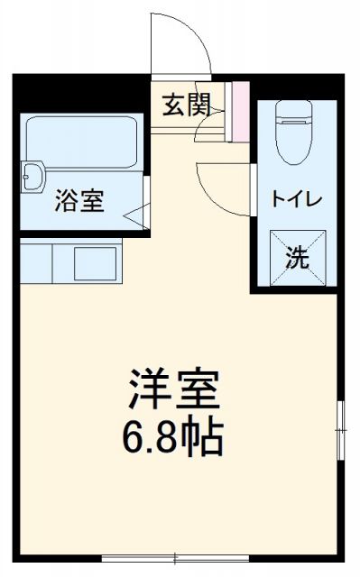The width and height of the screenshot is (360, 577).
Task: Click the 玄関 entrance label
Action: point(187,105)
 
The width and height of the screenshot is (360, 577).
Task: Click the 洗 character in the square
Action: point(298,256)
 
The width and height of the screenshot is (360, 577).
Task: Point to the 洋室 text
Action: point(172,389)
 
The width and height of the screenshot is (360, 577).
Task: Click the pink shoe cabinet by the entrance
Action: point(240,111)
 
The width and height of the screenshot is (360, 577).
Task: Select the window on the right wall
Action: point(341,431)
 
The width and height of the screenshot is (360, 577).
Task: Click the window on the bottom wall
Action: point(176,559)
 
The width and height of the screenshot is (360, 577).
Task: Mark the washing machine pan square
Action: point(298,256)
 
